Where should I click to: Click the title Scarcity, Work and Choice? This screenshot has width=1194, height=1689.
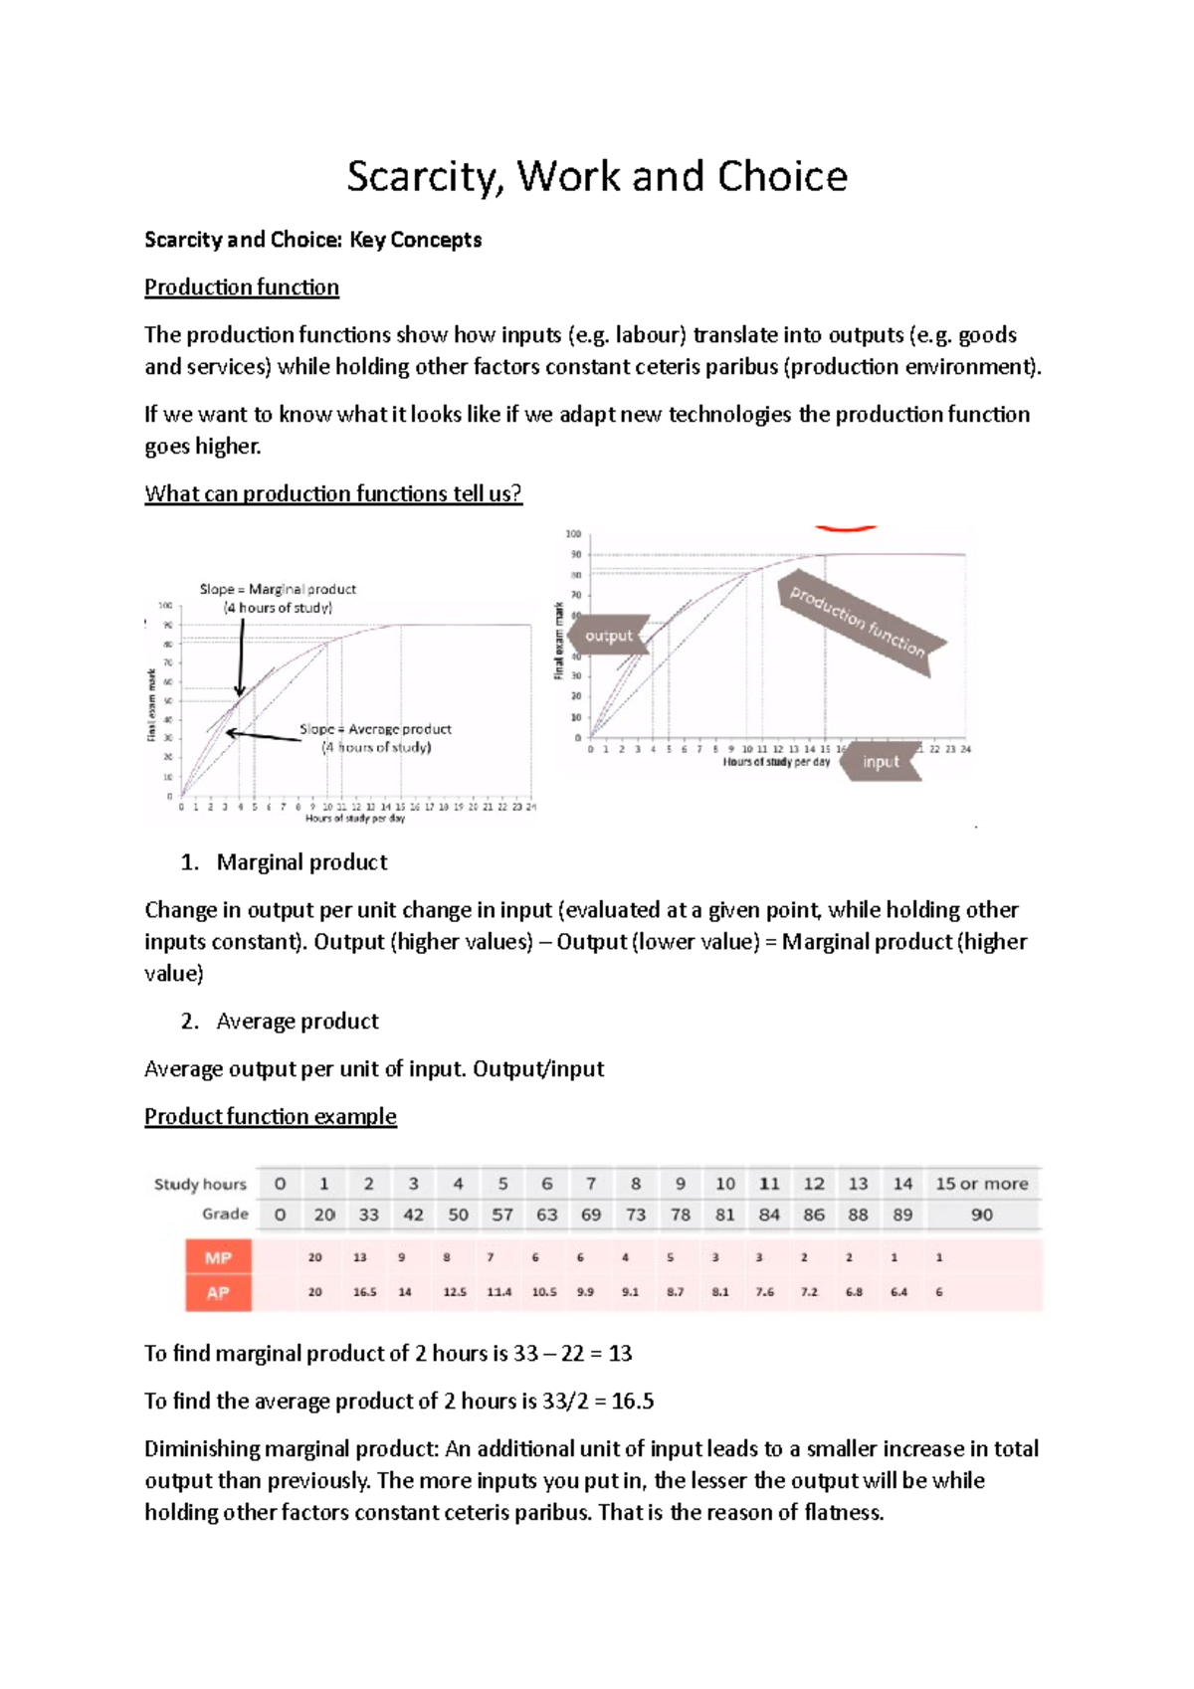coord(597,176)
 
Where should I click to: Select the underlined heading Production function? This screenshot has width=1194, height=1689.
coord(242,287)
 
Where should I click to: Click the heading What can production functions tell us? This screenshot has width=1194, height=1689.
coord(333,494)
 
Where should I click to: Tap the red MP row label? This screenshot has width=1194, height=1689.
coord(218,1258)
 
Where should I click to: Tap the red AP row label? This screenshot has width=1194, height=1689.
coord(218,1293)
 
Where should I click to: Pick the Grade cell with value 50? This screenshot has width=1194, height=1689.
coord(458,1215)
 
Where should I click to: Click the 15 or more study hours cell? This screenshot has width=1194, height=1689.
coord(981,1184)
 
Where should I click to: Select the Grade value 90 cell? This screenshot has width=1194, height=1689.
coord(981,1215)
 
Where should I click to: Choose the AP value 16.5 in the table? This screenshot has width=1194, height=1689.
coord(364,1292)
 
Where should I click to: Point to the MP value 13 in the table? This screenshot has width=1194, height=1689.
coord(359,1257)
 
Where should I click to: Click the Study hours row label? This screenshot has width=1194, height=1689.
coord(200,1184)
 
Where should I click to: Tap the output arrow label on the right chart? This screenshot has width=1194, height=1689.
coord(609,636)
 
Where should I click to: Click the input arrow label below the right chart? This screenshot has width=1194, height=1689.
coord(881,762)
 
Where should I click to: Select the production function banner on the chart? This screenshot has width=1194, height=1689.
coord(858,622)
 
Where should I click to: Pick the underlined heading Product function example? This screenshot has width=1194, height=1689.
coord(271,1117)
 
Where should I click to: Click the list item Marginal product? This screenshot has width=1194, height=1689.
coord(301,862)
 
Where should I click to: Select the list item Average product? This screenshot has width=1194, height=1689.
coord(298,1022)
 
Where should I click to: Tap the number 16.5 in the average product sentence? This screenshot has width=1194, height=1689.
coord(633,1402)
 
